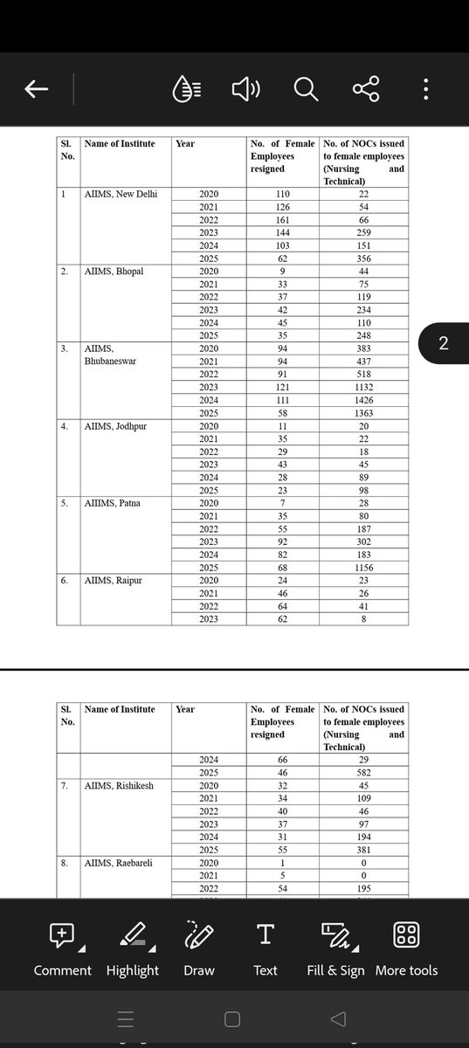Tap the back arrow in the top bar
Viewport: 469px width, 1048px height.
37,89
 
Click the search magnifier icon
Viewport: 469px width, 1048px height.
306,89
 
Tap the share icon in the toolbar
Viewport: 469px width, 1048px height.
366,89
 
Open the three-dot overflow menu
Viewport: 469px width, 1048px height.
425,89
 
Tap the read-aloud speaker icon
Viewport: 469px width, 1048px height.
245,89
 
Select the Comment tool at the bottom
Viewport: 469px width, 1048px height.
62,948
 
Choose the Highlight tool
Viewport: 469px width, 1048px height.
133,948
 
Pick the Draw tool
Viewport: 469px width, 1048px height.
199,948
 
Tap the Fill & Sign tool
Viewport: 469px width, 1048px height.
335,948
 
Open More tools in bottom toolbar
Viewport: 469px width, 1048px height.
407,948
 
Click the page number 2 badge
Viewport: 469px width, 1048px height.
443,344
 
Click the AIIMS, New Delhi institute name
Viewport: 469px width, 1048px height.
121,193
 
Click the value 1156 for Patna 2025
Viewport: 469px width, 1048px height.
364,568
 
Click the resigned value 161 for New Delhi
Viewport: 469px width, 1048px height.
282,220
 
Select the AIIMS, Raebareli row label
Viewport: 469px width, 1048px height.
121,863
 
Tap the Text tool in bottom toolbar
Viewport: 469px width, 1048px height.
266,948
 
